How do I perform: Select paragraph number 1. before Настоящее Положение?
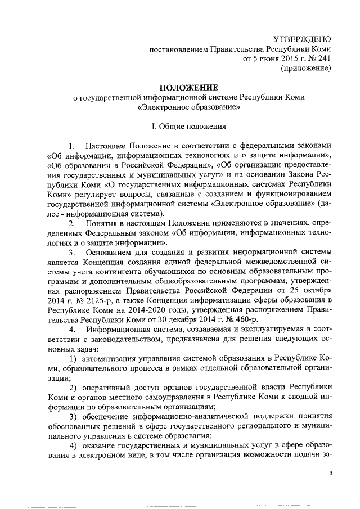71,147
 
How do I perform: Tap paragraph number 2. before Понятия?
71,224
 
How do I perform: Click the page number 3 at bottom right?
331,474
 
